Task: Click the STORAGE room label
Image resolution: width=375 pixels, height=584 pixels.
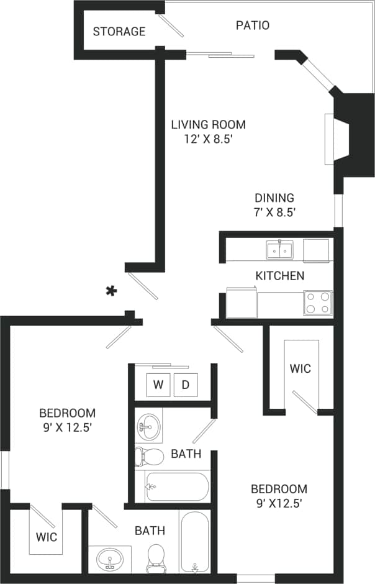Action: [119, 31]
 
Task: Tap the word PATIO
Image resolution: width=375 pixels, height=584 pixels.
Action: [253, 25]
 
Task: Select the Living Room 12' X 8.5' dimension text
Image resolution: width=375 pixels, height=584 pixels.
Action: [209, 139]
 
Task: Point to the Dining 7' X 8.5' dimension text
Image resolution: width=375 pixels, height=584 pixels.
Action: [274, 212]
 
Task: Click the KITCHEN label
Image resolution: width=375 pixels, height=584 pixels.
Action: [280, 275]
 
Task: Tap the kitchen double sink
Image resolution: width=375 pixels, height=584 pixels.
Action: [281, 250]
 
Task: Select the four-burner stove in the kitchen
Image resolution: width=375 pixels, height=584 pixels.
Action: [317, 303]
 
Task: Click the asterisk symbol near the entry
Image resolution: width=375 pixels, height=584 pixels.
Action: [112, 291]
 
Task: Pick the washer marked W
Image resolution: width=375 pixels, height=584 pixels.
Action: [158, 385]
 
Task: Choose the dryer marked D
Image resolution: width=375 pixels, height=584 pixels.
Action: [185, 385]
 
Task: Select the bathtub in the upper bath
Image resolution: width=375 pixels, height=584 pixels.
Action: [178, 486]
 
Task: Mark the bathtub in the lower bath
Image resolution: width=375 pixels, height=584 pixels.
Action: [196, 541]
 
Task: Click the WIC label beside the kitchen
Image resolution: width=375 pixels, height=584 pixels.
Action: [300, 368]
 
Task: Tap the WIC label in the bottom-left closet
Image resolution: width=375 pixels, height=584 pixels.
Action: [46, 536]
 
